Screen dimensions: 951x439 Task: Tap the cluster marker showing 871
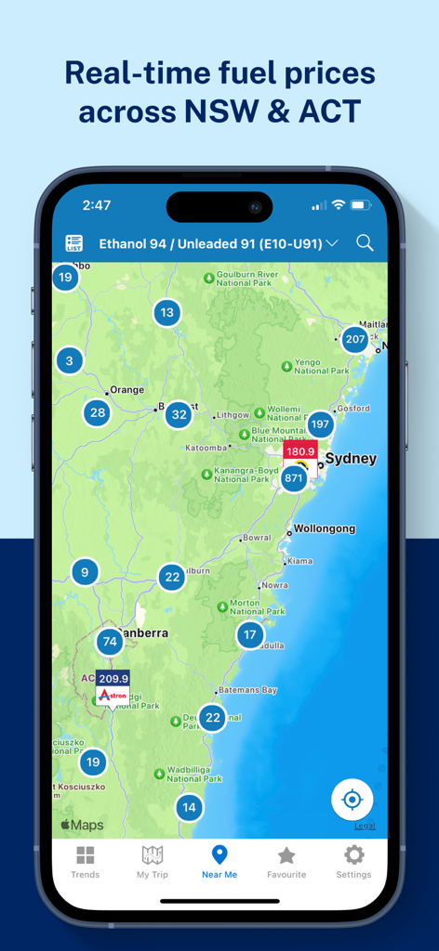click(x=294, y=479)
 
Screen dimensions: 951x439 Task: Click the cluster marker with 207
click(x=355, y=340)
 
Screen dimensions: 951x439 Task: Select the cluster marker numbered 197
click(x=320, y=424)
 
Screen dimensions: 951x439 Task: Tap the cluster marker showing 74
click(x=110, y=641)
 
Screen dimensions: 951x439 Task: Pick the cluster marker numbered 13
click(x=166, y=313)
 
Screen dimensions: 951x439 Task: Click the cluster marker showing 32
click(x=179, y=415)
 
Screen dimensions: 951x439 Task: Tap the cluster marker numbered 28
click(x=98, y=413)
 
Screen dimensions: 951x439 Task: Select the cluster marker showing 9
click(x=85, y=572)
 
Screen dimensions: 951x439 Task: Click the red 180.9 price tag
click(x=300, y=452)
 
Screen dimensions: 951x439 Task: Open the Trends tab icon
click(x=85, y=861)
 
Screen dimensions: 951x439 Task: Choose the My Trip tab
click(x=153, y=861)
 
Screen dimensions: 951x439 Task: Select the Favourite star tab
click(x=286, y=861)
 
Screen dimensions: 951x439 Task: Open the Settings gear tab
click(x=353, y=861)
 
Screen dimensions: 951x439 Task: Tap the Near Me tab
click(x=219, y=861)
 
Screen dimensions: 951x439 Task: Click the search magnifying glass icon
click(x=365, y=243)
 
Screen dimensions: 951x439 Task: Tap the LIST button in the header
click(x=74, y=243)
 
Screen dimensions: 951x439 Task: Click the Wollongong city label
click(x=325, y=528)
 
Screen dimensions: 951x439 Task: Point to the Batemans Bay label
click(x=246, y=690)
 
